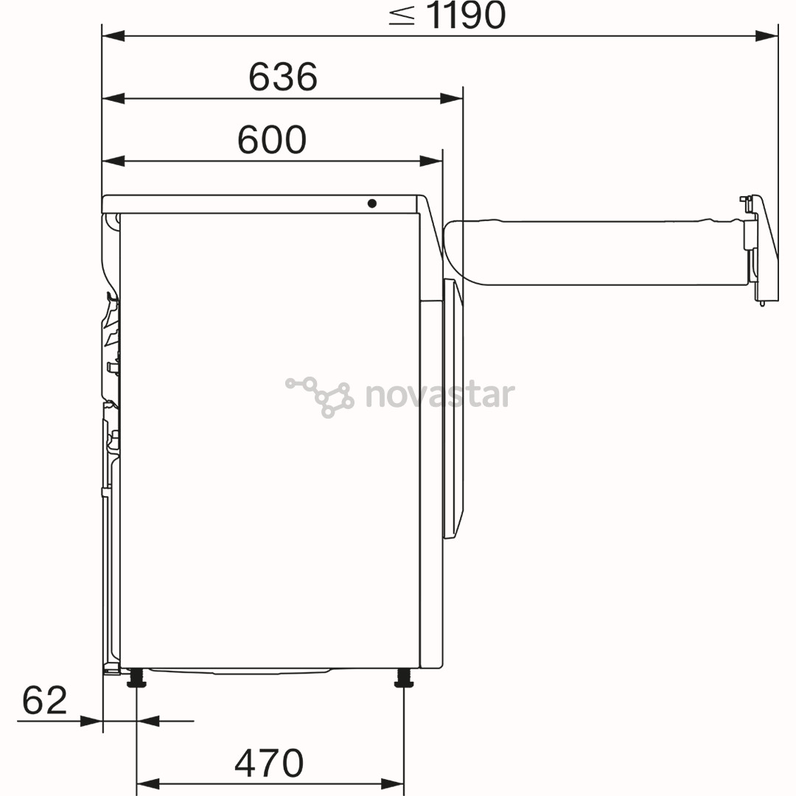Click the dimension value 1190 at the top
click(466, 15)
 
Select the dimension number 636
click(283, 77)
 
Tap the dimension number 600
click(271, 139)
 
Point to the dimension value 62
click(45, 700)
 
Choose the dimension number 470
click(269, 763)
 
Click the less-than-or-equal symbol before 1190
click(402, 15)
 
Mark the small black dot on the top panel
click(371, 203)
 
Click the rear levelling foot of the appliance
click(136, 678)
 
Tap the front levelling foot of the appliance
click(404, 678)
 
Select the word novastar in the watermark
click(440, 396)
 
